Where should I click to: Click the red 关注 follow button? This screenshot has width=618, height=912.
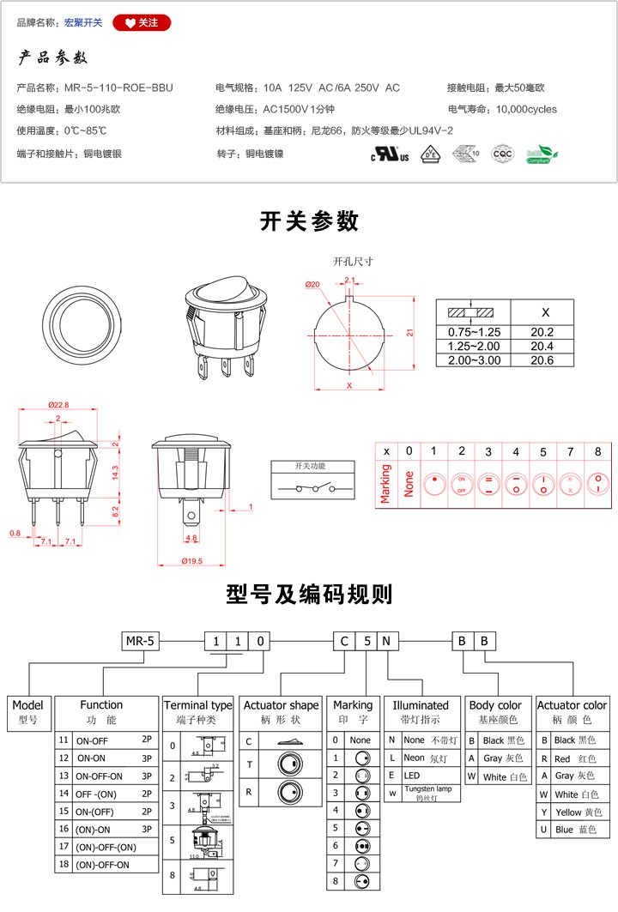tap(142, 23)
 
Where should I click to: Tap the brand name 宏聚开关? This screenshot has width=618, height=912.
tap(83, 23)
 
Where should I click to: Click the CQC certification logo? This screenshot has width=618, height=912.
tap(502, 154)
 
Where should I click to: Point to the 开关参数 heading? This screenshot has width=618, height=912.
tap(309, 221)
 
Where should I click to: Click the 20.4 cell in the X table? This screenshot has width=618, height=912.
tap(542, 346)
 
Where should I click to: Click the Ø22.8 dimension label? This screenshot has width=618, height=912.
tap(58, 405)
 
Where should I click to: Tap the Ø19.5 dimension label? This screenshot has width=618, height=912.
tap(191, 560)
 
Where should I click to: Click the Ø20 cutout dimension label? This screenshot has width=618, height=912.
tap(312, 285)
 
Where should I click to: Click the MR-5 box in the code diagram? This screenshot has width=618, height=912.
tap(140, 640)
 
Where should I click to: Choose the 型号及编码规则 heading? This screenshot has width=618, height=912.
tap(309, 594)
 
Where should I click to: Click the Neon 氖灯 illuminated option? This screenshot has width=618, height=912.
tap(420, 758)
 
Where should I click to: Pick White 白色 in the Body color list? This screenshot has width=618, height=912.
tap(498, 776)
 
